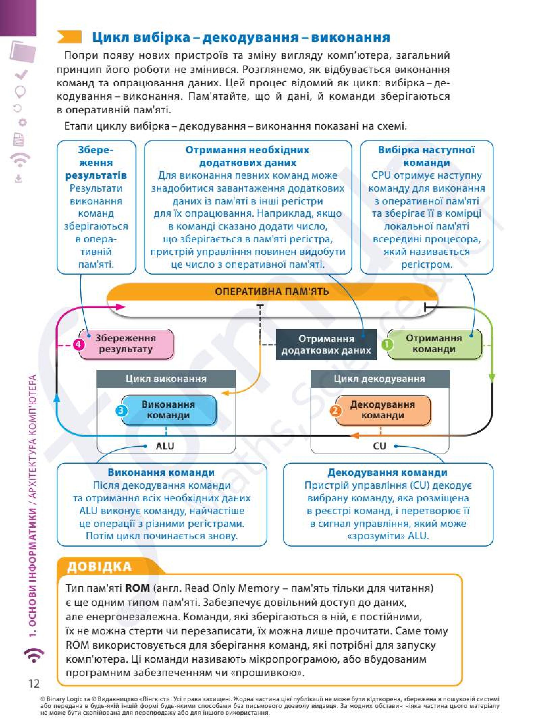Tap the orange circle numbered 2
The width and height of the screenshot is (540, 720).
[336, 411]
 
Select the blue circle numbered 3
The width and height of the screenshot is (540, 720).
[122, 411]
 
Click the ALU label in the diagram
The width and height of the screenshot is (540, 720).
[165, 446]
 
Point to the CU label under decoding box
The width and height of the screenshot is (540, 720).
[379, 446]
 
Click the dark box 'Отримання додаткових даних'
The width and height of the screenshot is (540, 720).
[326, 345]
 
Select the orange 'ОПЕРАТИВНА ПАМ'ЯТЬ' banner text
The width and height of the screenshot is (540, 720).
[272, 291]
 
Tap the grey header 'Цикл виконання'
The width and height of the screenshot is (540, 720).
[166, 379]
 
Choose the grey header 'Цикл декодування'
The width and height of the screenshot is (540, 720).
[380, 379]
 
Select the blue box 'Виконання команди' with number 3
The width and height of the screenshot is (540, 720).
[169, 410]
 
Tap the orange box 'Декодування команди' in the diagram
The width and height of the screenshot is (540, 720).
[383, 410]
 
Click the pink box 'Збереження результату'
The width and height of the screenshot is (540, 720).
[126, 344]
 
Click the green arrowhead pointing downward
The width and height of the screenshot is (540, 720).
[492, 378]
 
